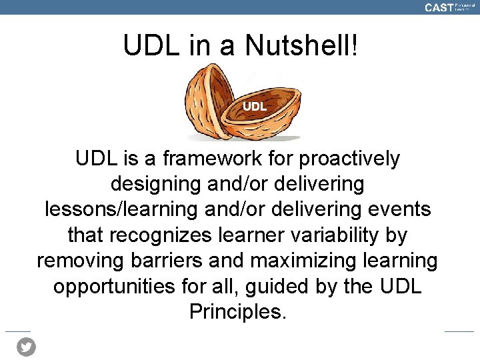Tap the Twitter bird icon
click(x=26, y=347)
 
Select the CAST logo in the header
click(x=439, y=7)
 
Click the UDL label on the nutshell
click(x=255, y=106)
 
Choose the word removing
click(x=80, y=260)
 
